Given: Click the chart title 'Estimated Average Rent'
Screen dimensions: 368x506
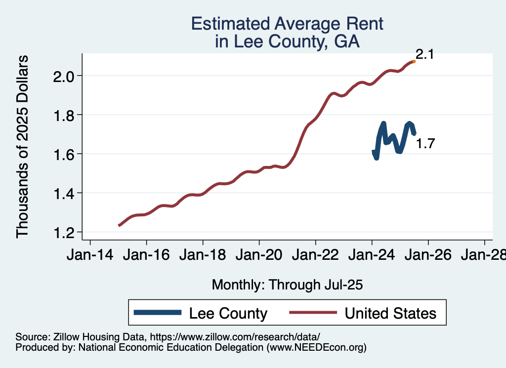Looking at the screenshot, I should pos(287,24).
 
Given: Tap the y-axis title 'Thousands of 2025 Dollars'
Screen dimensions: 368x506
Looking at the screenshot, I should pos(23,147).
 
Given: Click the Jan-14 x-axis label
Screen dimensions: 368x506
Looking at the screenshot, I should pos(90,256).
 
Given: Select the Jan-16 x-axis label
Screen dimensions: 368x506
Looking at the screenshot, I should pos(146,256).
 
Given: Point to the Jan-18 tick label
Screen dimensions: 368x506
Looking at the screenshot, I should pos(203,256).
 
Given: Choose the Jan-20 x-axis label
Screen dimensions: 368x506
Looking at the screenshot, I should pos(259,256).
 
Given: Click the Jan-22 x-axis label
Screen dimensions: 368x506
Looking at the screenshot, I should pos(315,256).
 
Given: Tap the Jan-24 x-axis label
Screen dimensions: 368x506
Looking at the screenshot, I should pos(372,256).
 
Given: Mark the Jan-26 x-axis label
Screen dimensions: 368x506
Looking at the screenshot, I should pos(428,256).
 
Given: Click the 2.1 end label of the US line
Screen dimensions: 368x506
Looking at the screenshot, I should pos(424,54).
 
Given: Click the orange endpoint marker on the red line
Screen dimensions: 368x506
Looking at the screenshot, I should pos(414,61).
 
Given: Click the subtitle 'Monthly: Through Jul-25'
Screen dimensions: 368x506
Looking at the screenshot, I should pos(287,285).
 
